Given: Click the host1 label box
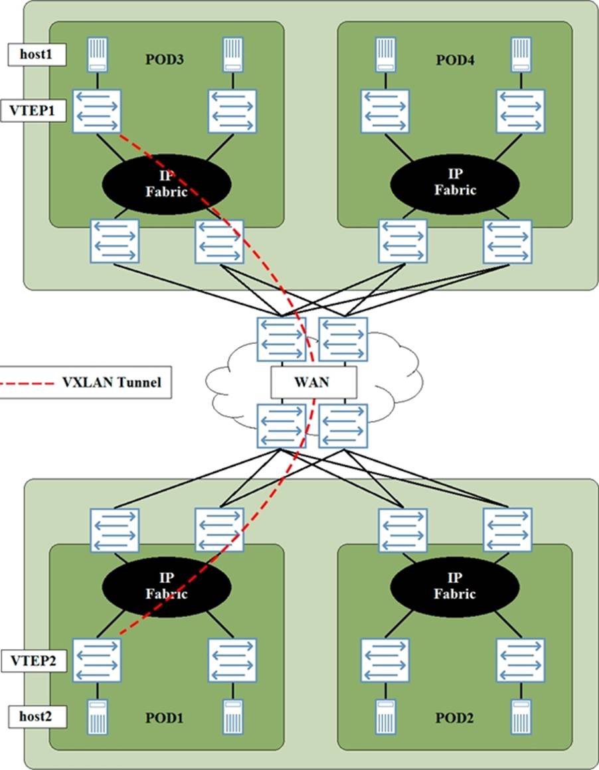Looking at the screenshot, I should coord(37,55).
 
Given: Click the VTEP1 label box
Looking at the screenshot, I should coord(37,110).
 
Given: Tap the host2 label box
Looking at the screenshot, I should coord(37,716).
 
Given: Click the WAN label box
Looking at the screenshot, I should coord(313,383).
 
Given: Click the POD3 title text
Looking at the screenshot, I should coord(164,60).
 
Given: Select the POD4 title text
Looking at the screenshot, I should coord(455,60).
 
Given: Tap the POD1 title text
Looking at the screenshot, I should coord(164,718).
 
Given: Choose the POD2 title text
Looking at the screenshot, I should coord(455,718).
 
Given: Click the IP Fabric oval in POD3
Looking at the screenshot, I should coord(166,182).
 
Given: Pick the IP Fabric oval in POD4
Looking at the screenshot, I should coord(455,182).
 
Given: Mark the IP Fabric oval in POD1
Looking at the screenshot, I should coord(166,586).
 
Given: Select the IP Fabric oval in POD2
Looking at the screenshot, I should coord(455,586).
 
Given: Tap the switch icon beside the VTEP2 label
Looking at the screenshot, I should coord(97,660).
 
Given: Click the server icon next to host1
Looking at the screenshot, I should coord(97,55).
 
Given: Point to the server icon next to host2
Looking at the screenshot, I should coord(97,716).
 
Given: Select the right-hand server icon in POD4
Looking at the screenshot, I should coord(521,55).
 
